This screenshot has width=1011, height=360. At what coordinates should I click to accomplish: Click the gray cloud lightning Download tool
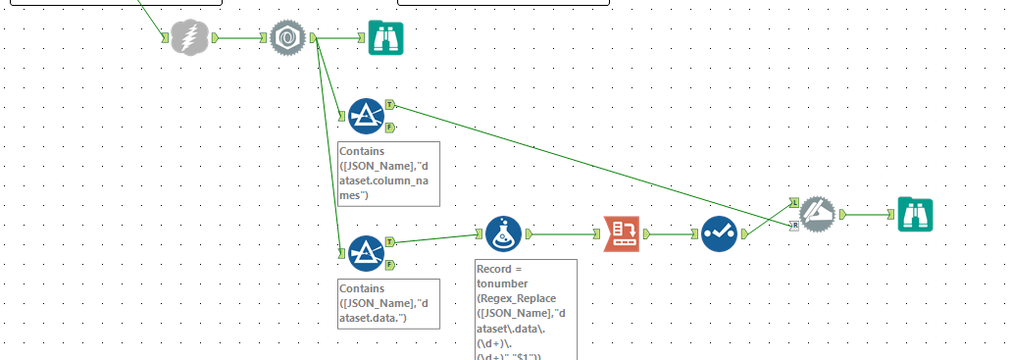click(190, 37)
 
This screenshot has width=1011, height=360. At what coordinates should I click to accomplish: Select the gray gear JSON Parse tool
click(288, 37)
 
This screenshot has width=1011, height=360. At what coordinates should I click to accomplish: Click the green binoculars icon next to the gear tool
click(385, 37)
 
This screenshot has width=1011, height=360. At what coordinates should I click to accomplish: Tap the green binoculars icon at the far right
click(915, 214)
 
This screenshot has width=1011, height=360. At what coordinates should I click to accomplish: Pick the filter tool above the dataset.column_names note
click(366, 116)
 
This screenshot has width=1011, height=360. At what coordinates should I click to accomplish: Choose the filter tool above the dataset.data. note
click(366, 252)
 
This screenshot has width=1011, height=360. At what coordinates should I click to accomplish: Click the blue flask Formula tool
click(504, 234)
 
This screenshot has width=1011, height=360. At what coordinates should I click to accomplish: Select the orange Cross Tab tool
click(621, 234)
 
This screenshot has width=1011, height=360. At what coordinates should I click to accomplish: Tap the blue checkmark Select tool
click(720, 234)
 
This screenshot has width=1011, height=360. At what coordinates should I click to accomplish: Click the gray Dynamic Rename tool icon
click(817, 214)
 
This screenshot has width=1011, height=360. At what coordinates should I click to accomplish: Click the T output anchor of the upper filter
click(390, 103)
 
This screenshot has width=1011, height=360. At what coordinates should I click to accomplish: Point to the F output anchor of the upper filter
click(390, 128)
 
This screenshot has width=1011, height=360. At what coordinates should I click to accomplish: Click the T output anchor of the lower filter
click(390, 240)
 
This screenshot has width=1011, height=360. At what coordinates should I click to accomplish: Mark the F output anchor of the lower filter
click(390, 265)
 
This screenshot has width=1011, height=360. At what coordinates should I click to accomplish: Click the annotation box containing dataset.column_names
click(387, 174)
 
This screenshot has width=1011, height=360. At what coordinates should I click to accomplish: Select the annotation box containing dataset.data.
click(387, 303)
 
